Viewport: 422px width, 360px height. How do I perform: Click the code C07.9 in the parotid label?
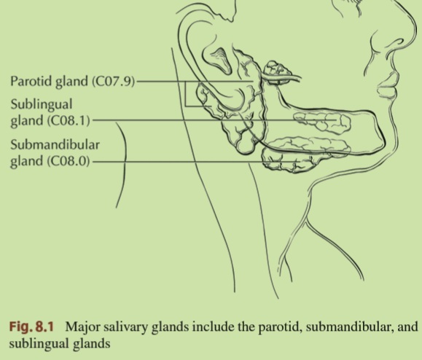[113, 81]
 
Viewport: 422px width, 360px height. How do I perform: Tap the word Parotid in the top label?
[31, 80]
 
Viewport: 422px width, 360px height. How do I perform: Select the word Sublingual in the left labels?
[42, 104]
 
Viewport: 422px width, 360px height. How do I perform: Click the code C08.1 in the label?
[69, 120]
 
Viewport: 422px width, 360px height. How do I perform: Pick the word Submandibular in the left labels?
[55, 145]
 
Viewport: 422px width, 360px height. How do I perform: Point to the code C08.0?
[69, 161]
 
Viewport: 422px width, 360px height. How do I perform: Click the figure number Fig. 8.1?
[31, 326]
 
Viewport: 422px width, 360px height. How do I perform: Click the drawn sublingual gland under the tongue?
[322, 122]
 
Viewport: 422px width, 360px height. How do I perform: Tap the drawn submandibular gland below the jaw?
[292, 160]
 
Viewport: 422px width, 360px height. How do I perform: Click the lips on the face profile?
[387, 84]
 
